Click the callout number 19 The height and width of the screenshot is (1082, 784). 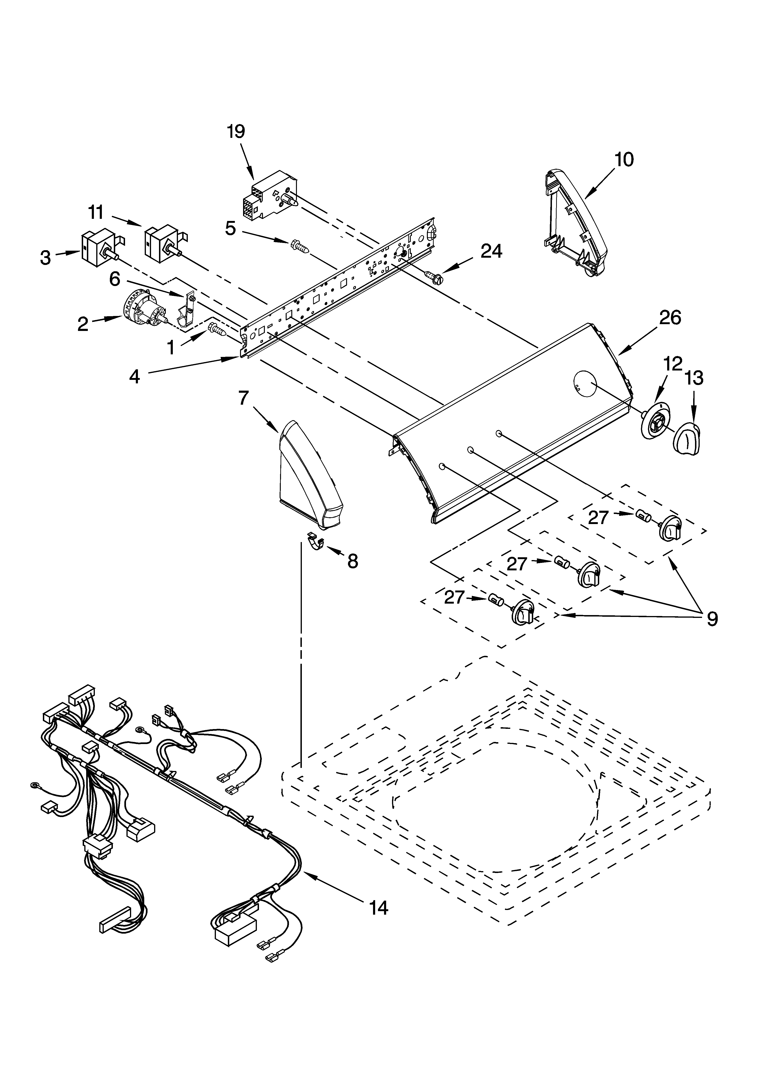coord(236,131)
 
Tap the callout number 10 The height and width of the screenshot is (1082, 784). coord(624,159)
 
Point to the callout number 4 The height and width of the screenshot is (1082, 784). coord(135,377)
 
